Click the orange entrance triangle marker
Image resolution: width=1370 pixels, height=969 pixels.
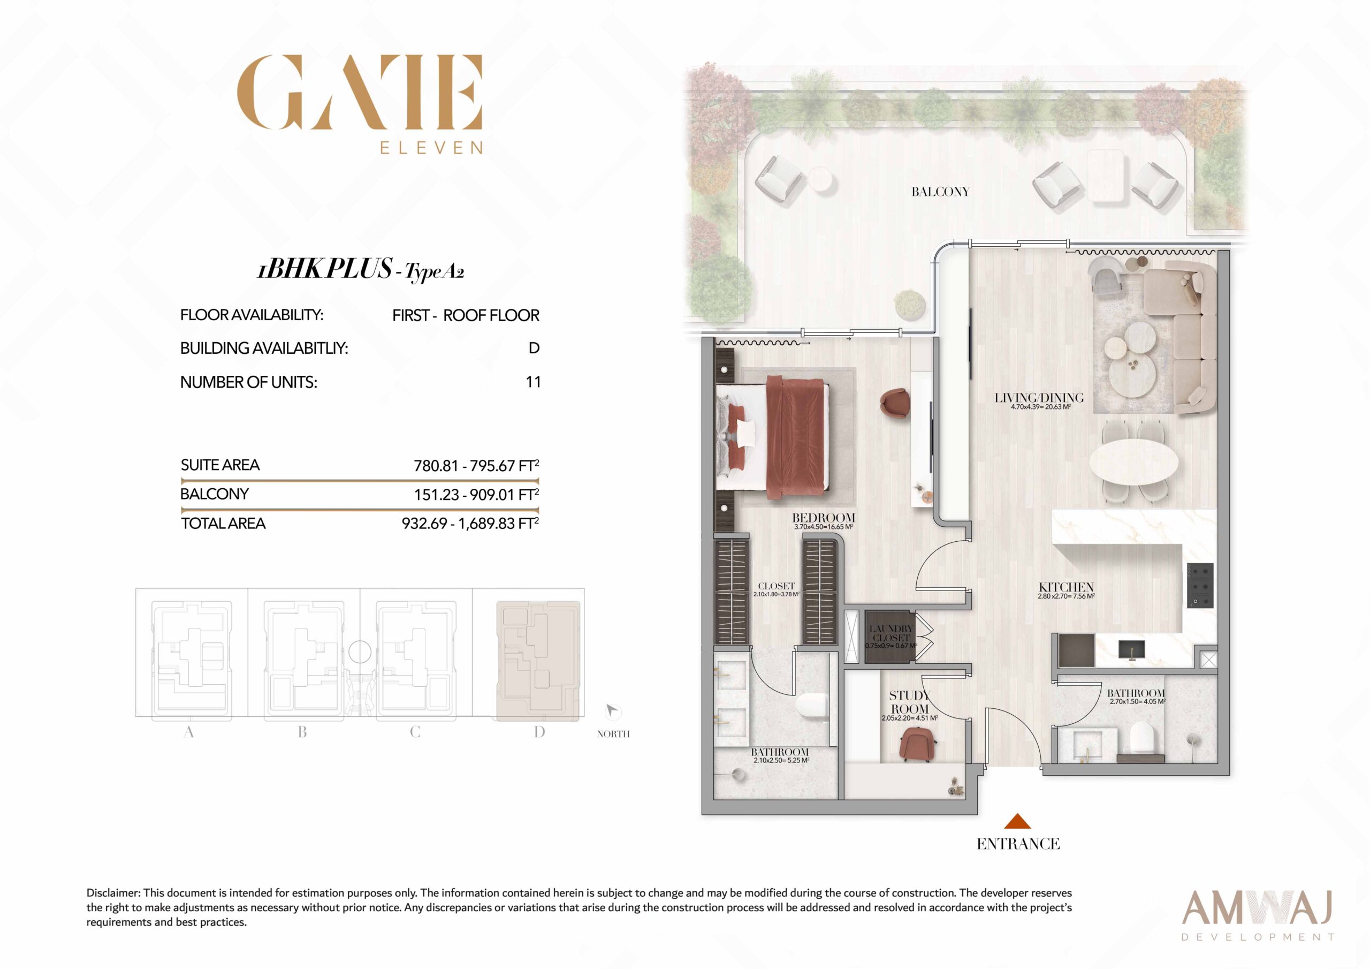1017,822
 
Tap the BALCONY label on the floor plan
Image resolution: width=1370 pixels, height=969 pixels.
940,192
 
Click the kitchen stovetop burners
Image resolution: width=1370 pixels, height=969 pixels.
1200,585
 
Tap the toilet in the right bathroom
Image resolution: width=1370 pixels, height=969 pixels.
1143,738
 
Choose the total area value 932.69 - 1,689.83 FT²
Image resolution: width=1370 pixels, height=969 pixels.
470,524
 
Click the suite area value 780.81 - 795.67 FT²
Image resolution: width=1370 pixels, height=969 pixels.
476,466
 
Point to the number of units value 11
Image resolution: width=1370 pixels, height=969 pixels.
534,382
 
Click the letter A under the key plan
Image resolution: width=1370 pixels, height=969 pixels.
188,732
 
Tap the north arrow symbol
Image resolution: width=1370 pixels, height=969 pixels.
612,711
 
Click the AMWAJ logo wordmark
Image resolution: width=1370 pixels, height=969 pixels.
1257,907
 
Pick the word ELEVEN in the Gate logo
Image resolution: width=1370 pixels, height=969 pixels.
431,147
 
